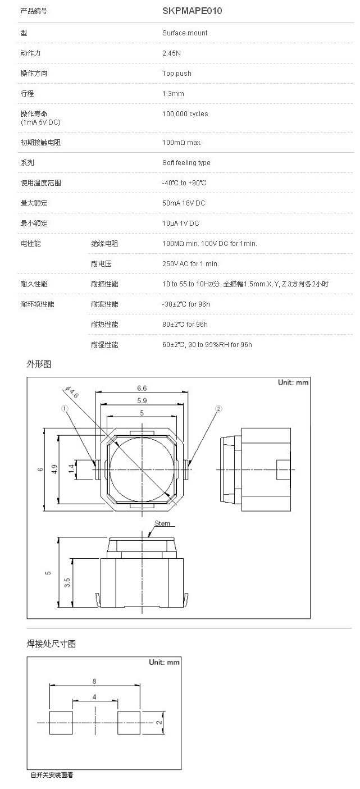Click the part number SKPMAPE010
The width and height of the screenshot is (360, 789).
point(192,11)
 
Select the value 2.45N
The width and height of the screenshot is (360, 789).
point(171,53)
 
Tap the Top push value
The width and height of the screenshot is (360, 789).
point(176,73)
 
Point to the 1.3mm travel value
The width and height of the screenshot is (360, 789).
point(173,94)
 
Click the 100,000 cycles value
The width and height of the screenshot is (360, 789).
point(185,114)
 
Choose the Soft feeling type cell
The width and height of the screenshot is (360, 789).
point(186,163)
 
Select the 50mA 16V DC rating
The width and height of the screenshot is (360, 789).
point(184,203)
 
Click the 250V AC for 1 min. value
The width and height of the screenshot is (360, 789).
point(190,264)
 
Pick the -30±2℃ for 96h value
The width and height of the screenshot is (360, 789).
point(186,304)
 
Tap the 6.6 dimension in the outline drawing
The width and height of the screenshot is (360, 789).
point(142,388)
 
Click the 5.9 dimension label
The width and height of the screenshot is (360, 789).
point(142,400)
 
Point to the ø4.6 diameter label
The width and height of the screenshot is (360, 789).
point(71,391)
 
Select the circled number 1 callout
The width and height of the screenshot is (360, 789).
point(65,409)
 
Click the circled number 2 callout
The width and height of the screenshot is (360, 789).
point(218,409)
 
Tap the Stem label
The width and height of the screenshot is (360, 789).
point(162,523)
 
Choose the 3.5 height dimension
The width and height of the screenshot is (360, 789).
point(67,582)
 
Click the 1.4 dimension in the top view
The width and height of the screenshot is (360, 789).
point(71,469)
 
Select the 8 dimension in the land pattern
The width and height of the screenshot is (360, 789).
point(94,682)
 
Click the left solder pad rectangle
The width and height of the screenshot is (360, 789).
point(61,723)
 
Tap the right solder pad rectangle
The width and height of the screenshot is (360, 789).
point(129,723)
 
